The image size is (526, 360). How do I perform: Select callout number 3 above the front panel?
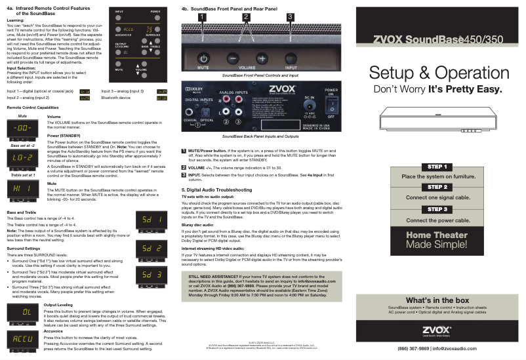[290, 16]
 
